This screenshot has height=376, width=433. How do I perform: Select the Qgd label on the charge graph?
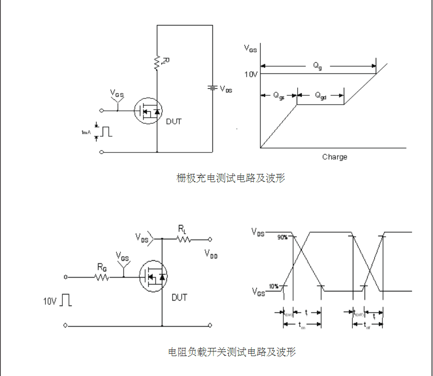point(320,95)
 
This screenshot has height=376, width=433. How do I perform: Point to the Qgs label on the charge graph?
point(279,95)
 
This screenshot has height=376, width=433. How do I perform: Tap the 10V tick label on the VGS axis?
point(251,74)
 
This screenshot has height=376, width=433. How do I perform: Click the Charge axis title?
point(334,157)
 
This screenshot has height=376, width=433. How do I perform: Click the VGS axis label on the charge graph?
point(250,49)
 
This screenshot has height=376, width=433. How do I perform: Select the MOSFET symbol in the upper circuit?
point(148,111)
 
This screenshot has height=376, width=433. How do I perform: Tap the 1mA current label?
point(86,132)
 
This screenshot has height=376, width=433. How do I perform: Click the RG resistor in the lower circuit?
point(102,277)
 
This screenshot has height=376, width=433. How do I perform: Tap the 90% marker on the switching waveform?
point(282,237)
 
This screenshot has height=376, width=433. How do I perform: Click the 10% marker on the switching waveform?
point(274,286)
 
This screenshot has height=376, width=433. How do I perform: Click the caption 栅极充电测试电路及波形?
point(230,178)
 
